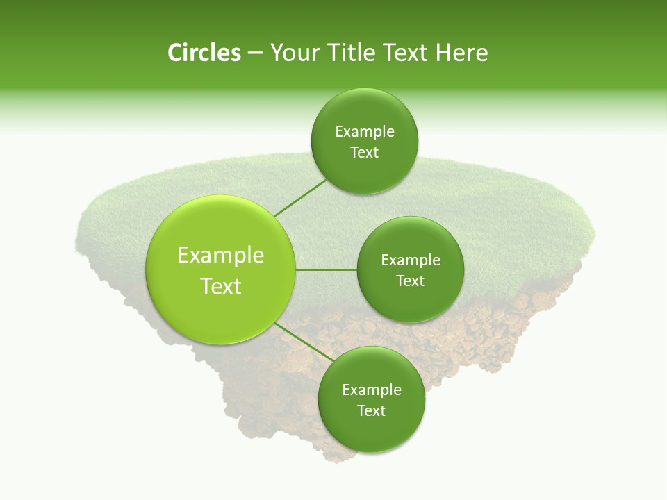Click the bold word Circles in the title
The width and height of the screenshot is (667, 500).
click(204, 53)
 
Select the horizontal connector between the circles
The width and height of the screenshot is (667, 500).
click(327, 269)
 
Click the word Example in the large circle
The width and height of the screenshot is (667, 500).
click(221, 256)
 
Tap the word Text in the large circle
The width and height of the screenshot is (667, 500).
click(221, 286)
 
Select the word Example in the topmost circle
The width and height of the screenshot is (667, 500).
click(365, 132)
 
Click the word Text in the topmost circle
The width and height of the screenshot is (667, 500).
click(365, 153)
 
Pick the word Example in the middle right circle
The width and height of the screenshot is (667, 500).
click(411, 260)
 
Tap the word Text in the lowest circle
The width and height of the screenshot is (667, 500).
click(371, 411)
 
